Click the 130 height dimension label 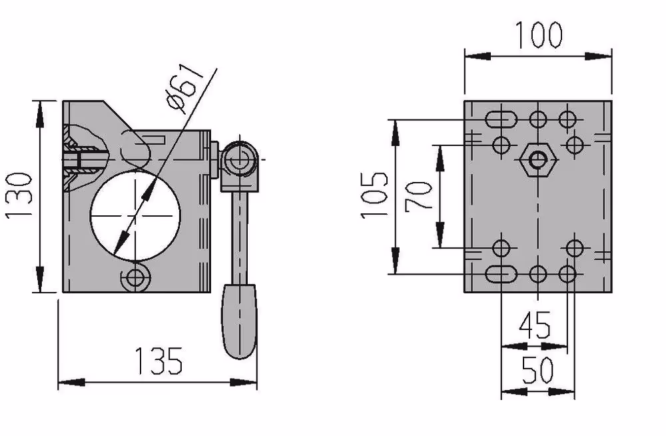point(19,195)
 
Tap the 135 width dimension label point(159,361)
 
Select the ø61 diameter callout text point(186,89)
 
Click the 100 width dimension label point(539,34)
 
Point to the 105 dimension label point(374,195)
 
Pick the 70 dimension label point(418,196)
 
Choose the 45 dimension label point(535,325)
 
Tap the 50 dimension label point(537,369)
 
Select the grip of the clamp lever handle point(240,322)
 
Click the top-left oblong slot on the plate point(501,119)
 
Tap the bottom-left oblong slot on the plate point(501,275)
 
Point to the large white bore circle point(135,215)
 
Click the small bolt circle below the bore point(135,279)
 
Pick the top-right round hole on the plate point(567,119)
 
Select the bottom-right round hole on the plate point(567,275)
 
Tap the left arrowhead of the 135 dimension point(71,383)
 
